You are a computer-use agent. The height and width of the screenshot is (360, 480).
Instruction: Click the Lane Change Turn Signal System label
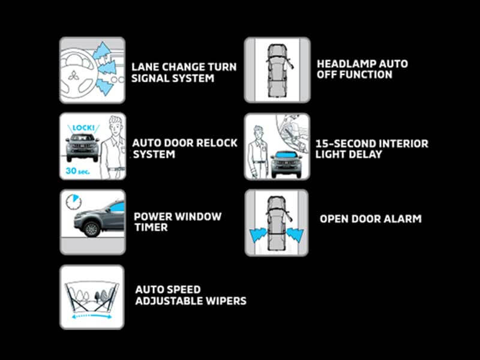coord(184,73)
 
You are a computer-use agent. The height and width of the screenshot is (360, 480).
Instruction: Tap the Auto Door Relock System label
coord(185,148)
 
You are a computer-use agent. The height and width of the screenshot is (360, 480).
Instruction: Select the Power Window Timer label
coord(178,221)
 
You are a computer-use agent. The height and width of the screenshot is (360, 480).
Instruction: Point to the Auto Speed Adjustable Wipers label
coord(191,295)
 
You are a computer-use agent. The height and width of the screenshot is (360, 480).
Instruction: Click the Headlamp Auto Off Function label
coord(362,69)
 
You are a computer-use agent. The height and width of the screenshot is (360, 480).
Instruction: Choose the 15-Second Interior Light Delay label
coord(372,149)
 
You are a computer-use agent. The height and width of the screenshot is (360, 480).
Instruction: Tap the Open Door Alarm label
coord(371,219)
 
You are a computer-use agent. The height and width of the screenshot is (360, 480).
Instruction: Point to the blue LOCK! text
coord(83,128)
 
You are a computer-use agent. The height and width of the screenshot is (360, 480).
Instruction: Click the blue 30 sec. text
coord(78,171)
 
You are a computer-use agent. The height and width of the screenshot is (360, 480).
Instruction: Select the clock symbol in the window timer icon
coord(73,202)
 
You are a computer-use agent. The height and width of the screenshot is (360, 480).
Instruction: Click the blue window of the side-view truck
coord(117,207)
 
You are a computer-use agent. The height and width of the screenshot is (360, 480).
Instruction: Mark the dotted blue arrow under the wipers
coord(92,317)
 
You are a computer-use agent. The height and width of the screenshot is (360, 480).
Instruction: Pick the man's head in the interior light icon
coord(258,133)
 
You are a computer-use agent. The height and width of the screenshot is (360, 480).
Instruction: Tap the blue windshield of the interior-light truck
coord(286,154)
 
